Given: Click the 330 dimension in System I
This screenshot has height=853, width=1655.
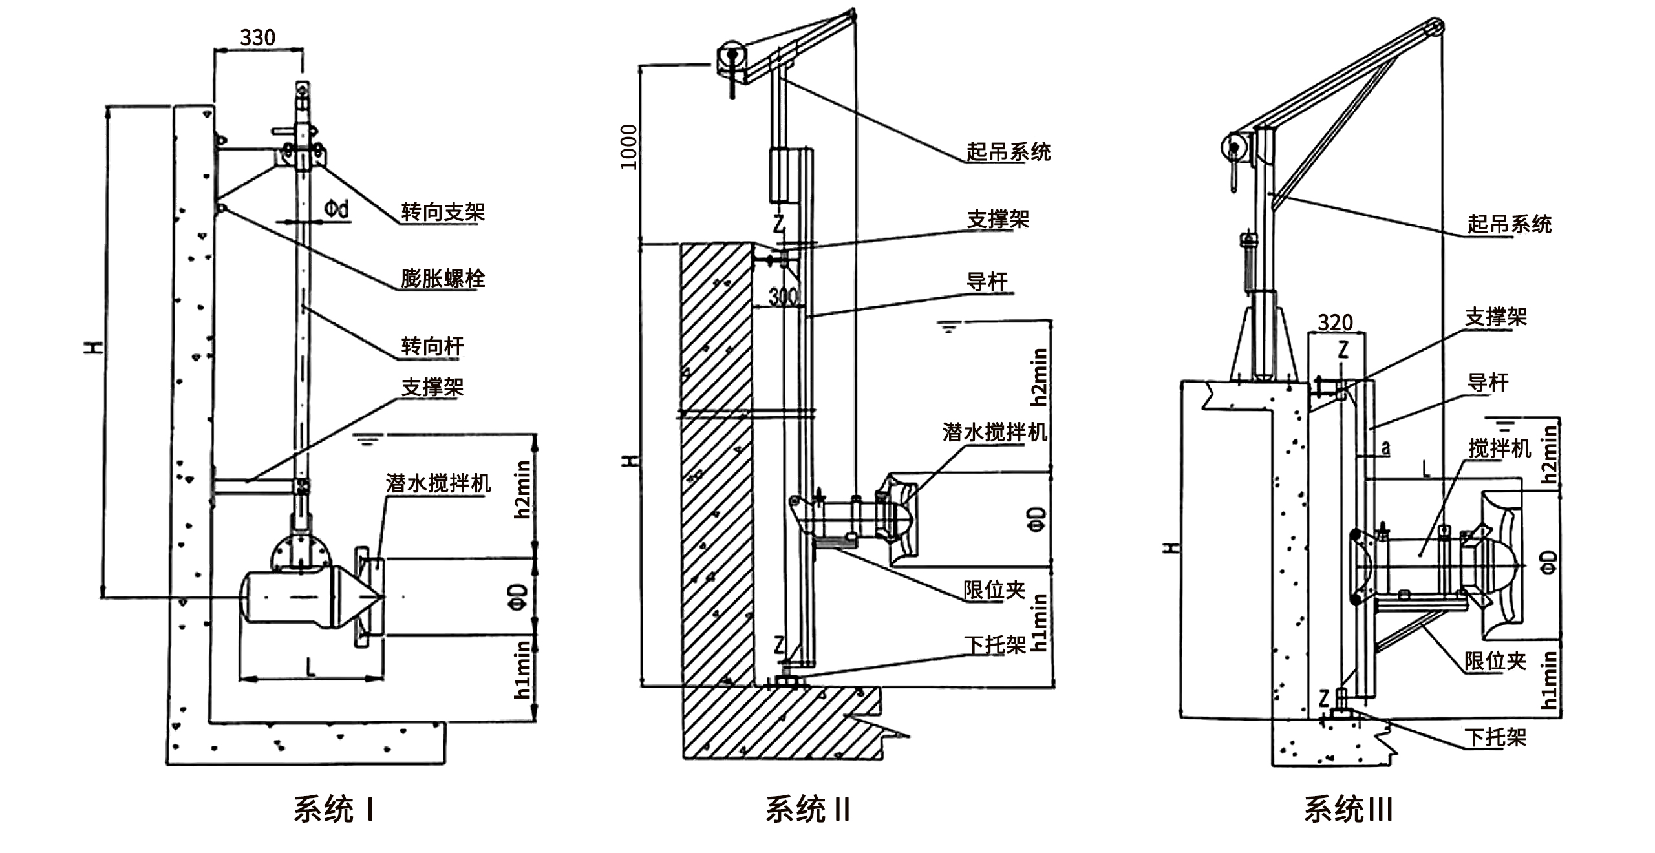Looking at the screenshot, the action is click(257, 37).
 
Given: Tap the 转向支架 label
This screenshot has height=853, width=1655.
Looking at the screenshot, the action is click(442, 211).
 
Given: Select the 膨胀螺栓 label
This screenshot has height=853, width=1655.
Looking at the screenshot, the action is click(442, 279).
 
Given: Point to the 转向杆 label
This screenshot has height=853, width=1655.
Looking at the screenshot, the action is click(432, 346).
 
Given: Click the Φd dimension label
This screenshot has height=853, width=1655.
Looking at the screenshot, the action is click(336, 209).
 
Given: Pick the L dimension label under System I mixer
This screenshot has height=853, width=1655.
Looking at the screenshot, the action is click(311, 666).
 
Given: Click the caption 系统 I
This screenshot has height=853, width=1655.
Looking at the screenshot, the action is click(334, 809).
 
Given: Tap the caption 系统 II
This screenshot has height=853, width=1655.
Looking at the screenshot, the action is click(807, 809).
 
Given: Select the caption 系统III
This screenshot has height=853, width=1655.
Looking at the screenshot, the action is click(1347, 809).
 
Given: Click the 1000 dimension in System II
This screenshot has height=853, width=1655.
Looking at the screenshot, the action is click(628, 147).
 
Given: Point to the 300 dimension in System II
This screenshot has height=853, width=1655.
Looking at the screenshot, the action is click(783, 297).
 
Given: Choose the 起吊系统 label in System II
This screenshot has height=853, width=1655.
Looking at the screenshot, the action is click(1008, 152).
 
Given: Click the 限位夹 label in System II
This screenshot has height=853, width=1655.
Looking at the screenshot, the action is click(994, 589).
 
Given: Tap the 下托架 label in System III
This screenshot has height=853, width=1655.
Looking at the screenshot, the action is click(1495, 737).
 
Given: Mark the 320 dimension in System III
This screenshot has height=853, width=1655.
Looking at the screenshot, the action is click(1336, 322).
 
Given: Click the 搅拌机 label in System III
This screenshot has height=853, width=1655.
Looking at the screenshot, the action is click(1500, 448).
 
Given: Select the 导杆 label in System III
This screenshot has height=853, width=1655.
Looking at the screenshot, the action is click(1488, 383).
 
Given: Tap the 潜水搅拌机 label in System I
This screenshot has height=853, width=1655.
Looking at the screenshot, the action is click(438, 483).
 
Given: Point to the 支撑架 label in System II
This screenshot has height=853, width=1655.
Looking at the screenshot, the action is click(998, 219).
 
